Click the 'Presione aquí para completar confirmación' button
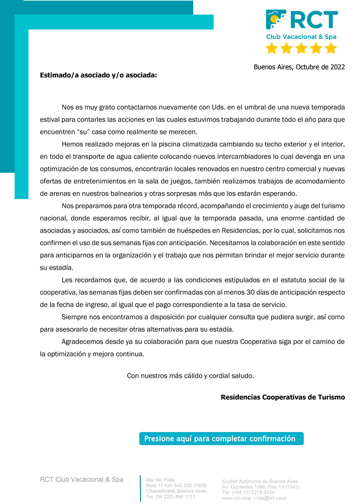coord(221,438)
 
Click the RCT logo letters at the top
coord(314,20)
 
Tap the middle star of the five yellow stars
coord(301,48)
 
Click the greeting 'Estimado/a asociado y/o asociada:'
coord(98,75)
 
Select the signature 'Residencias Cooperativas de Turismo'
coord(282,397)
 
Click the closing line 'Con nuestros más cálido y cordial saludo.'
coord(190,376)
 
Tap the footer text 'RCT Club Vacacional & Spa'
coord(82,479)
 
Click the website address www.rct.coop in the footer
coord(237,498)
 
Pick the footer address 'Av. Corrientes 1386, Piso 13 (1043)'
coord(260,487)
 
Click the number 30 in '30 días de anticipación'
coord(225,292)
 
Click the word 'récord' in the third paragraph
coord(185,206)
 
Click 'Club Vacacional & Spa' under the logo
coord(301,37)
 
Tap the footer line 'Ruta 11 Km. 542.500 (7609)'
coord(176,486)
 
